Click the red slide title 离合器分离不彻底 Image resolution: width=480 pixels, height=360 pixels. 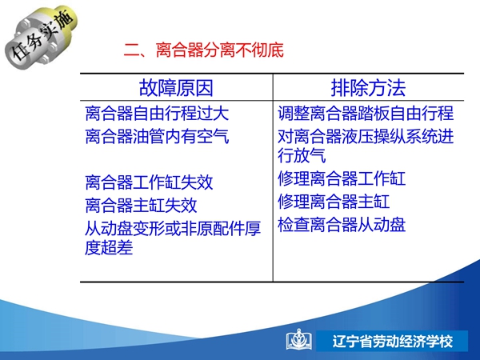[220, 50]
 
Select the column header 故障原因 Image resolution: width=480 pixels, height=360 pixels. [176, 88]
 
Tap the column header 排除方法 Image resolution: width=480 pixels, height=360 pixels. [368, 88]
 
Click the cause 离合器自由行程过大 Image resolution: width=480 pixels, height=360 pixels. [157, 114]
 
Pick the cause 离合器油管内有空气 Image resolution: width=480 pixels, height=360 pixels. [157, 136]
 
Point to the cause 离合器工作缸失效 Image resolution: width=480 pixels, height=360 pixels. [149, 182]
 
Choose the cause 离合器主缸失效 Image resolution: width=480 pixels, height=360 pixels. [141, 205]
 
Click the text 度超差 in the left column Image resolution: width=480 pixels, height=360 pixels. [109, 247]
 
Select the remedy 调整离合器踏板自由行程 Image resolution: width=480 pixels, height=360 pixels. [366, 114]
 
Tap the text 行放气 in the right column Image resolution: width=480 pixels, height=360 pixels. [302, 155]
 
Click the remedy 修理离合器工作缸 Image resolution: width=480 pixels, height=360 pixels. [342, 178]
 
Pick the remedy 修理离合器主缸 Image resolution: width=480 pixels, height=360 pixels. [334, 202]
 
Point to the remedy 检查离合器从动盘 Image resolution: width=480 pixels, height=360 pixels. [342, 225]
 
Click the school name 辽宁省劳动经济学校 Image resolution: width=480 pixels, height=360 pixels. [393, 342]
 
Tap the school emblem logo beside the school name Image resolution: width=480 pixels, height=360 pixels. [299, 340]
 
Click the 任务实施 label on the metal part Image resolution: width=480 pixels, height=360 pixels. [42, 36]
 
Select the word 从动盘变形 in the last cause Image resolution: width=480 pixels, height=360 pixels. [125, 228]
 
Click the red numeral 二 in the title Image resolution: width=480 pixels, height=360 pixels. [132, 50]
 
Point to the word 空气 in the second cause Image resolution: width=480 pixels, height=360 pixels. [213, 136]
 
